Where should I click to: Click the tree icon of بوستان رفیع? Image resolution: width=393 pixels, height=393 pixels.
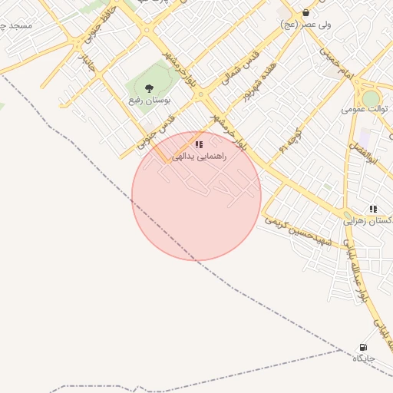click(149, 88)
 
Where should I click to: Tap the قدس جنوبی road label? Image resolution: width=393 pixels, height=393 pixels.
click(158, 131)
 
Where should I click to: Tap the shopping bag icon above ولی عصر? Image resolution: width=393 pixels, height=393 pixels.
click(306, 12)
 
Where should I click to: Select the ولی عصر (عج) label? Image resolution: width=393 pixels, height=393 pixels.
click(306, 25)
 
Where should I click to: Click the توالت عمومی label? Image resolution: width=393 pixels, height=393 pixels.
click(365, 109)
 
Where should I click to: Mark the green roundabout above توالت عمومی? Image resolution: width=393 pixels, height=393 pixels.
click(371, 98)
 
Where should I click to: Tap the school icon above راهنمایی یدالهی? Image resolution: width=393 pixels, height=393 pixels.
click(199, 144)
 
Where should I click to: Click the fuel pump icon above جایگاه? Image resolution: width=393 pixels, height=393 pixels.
click(363, 347)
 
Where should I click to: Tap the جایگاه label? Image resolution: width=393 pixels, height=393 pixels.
click(363, 358)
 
